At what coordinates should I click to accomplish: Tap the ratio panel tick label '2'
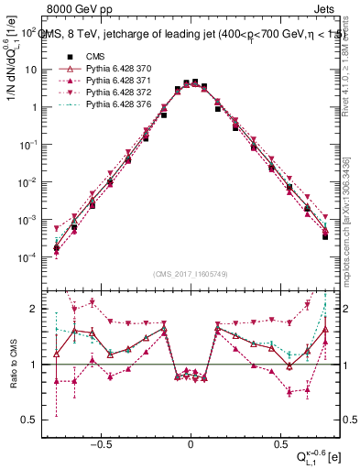[x=35, y=309]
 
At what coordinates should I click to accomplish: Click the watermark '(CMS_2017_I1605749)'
[x=190, y=276]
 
